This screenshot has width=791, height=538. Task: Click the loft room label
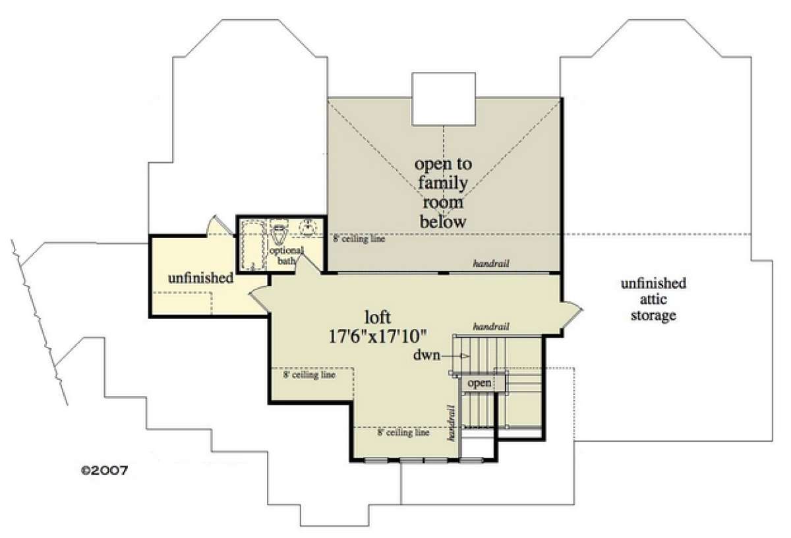pos(378,317)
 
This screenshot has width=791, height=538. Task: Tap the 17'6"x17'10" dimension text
pos(378,336)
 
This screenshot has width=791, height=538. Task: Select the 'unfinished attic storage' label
pos(653,299)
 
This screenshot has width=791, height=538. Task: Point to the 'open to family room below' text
pos(443,193)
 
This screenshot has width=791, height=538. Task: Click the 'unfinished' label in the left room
pos(200,278)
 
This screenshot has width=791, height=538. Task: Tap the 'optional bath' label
pos(286,255)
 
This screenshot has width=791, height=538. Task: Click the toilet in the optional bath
pos(279,231)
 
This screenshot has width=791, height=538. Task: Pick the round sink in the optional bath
pos(309,227)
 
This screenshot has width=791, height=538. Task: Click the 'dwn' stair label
pos(427,355)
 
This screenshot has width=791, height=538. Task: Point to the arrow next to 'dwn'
pos(455,356)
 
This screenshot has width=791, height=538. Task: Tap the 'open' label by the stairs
pos(479,382)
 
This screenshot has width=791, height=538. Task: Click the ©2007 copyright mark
pos(105,470)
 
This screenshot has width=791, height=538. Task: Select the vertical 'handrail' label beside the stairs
pos(452,423)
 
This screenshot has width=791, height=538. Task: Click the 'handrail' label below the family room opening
pos(491,263)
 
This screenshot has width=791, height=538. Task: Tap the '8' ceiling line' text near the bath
pos(359,239)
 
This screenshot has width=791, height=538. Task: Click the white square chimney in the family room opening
pos(444,99)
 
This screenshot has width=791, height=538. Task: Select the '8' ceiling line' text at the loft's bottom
pos(403,432)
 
